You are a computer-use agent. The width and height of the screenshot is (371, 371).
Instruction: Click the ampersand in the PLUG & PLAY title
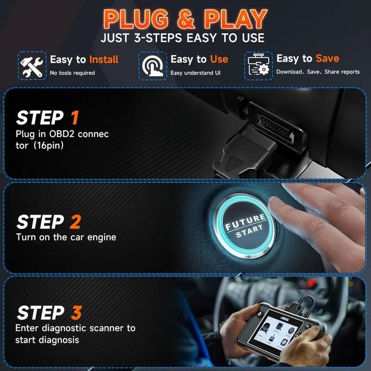186,19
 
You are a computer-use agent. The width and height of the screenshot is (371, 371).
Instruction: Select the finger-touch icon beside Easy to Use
153,66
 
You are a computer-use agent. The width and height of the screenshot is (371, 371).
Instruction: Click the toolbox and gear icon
259,65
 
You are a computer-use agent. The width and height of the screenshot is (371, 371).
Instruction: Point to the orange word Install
104,59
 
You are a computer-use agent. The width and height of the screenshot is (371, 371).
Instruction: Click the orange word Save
328,58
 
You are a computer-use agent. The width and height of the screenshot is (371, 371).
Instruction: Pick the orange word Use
219,59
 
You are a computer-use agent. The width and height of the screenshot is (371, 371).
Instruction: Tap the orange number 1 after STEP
75,118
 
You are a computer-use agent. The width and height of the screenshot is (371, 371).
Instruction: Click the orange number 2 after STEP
76,222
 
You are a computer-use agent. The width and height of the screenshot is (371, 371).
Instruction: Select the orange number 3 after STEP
76,313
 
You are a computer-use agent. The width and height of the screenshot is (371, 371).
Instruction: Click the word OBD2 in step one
62,134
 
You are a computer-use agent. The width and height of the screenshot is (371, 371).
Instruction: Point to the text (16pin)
49,145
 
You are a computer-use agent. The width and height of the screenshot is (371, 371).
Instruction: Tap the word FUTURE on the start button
245,222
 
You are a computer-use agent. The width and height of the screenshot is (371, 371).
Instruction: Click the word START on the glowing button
249,231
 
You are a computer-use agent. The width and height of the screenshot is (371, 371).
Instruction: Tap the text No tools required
73,73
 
